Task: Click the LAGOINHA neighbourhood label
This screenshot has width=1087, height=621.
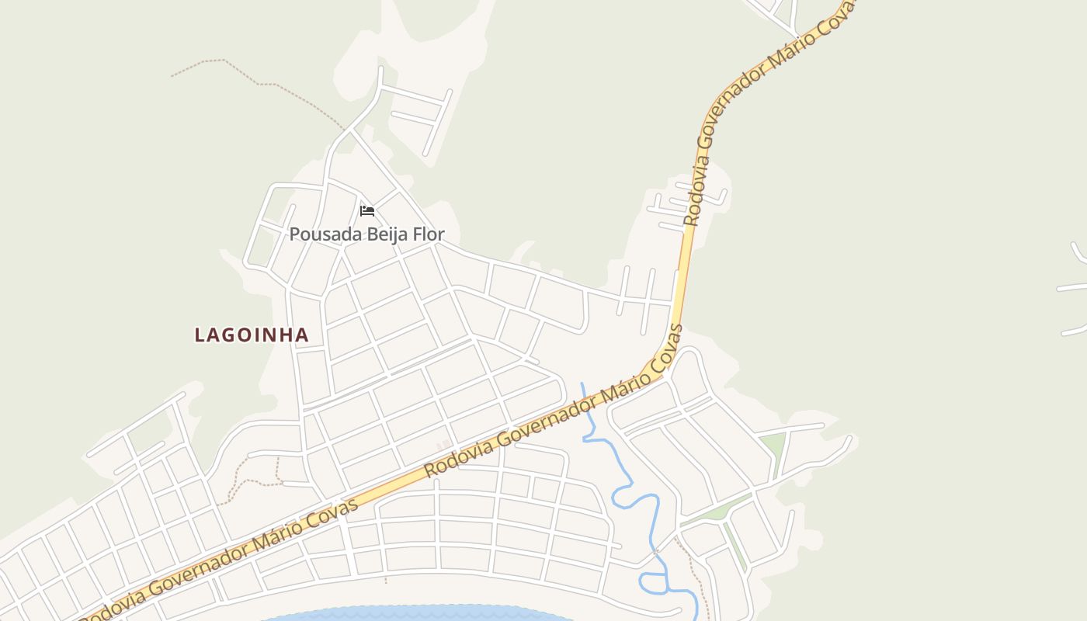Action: click(x=252, y=335)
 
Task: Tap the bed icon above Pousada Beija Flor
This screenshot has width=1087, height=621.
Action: click(x=367, y=210)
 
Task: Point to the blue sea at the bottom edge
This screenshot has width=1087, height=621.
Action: click(x=419, y=614)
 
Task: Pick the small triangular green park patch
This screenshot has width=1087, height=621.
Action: click(x=772, y=446)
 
